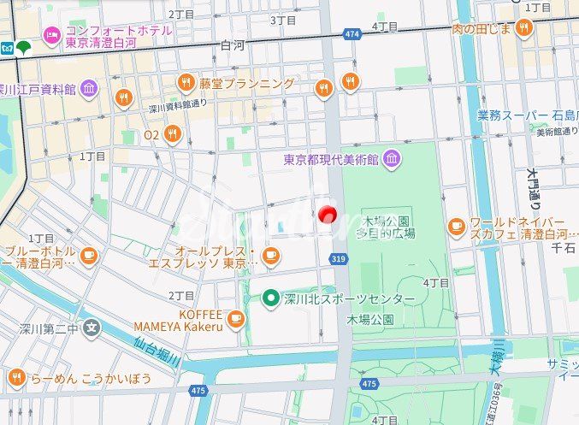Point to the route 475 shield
[x=198, y=390]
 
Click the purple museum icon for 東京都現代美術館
[x=391, y=158]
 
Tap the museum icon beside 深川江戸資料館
[x=90, y=88]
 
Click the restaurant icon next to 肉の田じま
[x=523, y=28]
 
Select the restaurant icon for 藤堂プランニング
[x=186, y=83]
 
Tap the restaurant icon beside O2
[x=173, y=133]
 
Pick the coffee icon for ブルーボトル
[x=89, y=254]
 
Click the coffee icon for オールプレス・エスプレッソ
[x=271, y=254]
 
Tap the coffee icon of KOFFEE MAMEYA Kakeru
[x=236, y=319]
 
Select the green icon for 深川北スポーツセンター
[x=271, y=298]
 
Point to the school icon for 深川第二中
[x=92, y=327]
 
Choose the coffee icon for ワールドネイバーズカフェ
[x=457, y=227]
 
